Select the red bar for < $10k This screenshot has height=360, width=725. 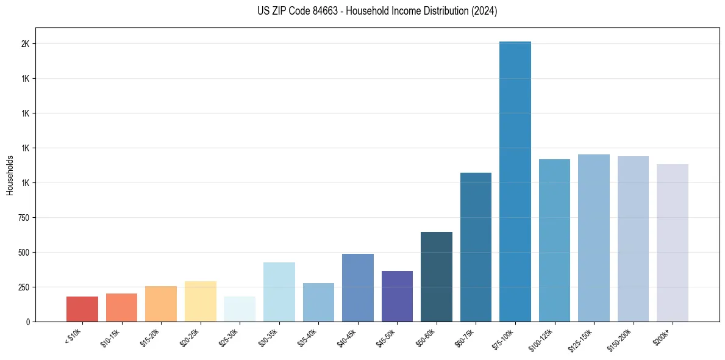point(82,309)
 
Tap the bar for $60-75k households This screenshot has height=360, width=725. point(476,247)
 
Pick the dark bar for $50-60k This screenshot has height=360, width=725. point(437,276)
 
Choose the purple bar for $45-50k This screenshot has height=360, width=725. point(397,296)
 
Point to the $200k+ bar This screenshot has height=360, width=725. point(673,243)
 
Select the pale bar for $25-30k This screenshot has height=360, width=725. point(240,309)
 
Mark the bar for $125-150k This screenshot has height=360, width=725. point(594,238)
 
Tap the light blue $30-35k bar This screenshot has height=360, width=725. point(279,292)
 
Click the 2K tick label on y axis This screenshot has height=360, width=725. point(26,44)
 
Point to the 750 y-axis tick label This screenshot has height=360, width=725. point(24,218)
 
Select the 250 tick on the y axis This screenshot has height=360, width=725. point(24,287)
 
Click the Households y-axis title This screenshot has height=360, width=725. point(10,175)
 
